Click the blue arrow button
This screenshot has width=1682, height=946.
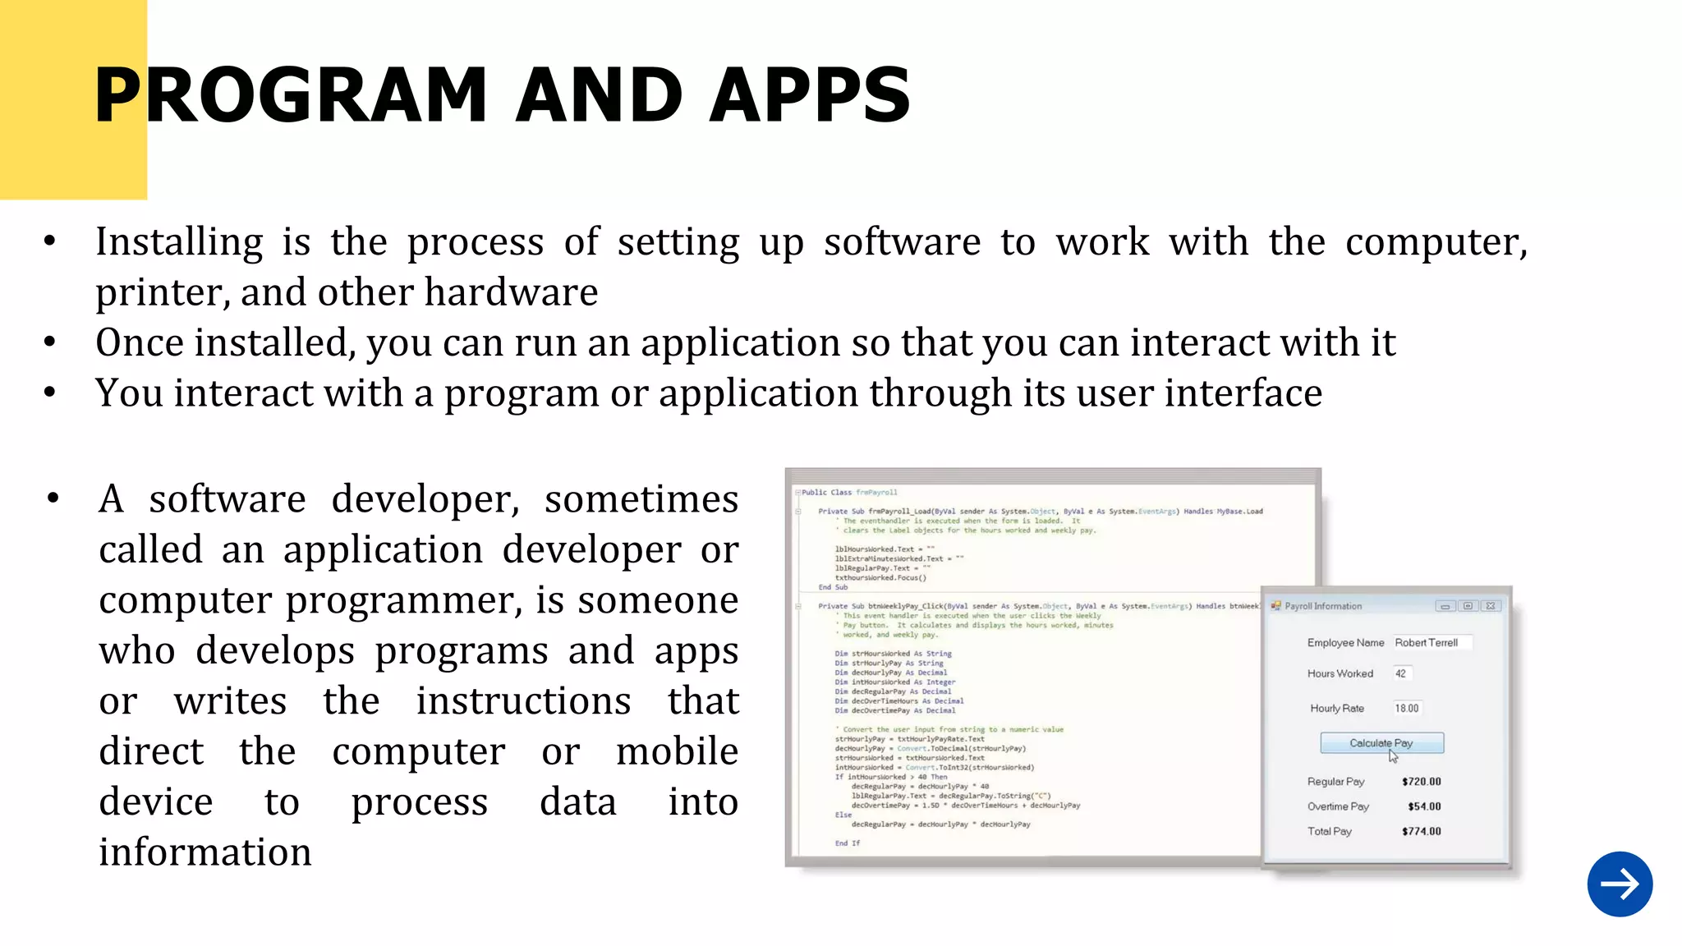(x=1620, y=884)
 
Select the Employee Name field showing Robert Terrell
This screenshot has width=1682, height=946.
(x=1432, y=643)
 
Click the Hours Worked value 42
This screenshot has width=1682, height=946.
(x=1401, y=673)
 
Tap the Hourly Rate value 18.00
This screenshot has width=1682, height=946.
(x=1407, y=708)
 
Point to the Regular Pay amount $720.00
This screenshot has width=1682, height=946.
(x=1422, y=782)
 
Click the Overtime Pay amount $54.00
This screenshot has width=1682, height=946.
(x=1424, y=806)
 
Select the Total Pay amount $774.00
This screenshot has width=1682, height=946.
(x=1422, y=831)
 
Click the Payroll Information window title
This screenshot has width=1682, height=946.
(x=1323, y=606)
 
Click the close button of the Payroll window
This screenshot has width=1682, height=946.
(x=1491, y=606)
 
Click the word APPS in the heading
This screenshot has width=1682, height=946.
(x=810, y=96)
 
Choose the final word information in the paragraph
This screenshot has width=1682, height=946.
(x=205, y=852)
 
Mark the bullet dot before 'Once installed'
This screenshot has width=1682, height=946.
(x=50, y=342)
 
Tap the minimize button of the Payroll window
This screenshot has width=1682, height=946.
(x=1445, y=606)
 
